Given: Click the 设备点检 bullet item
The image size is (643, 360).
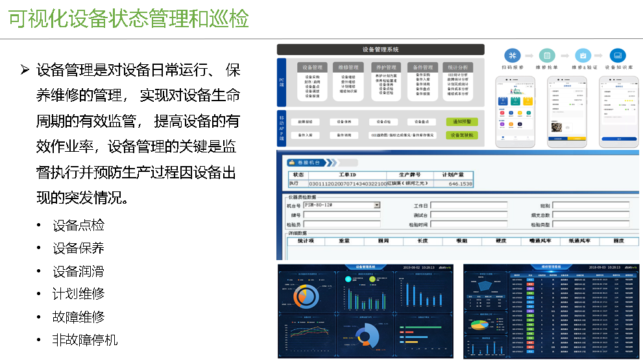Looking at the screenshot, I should click(x=79, y=225).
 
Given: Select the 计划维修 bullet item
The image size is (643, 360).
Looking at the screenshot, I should click(x=79, y=294).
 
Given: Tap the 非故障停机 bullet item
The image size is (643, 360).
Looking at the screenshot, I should click(x=85, y=340).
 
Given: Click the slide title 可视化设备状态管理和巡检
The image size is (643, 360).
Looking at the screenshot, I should click(x=128, y=19).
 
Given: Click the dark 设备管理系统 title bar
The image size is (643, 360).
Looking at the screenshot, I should click(x=380, y=49).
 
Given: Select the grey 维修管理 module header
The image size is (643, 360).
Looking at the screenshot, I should click(x=348, y=67).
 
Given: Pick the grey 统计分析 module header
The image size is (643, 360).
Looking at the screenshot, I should click(x=457, y=67).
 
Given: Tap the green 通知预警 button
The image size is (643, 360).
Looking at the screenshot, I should click(x=462, y=122).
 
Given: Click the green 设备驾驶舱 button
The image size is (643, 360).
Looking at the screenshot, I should click(x=462, y=136).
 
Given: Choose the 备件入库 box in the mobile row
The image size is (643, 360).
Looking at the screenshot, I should click(x=306, y=136).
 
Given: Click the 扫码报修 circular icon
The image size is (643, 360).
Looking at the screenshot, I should click(x=513, y=55).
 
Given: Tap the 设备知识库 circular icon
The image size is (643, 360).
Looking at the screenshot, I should click(x=617, y=55).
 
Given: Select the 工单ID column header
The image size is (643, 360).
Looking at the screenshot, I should click(x=348, y=175).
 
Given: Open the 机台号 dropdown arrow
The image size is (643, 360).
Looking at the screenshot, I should click(x=377, y=205).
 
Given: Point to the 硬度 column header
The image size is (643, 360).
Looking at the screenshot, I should click(x=501, y=241).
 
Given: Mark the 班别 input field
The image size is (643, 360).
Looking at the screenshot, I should click(x=590, y=205).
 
